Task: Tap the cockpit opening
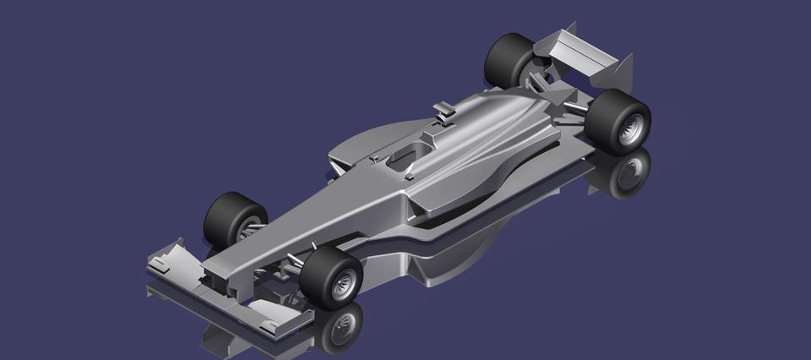[407, 155]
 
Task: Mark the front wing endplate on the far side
[166, 254]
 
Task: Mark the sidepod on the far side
[363, 144]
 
